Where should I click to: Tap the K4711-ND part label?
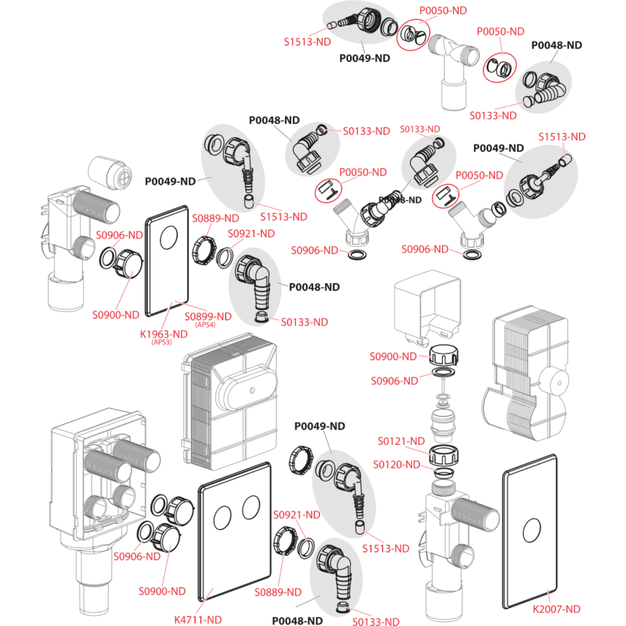pos(198,619)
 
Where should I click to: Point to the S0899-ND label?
pos(208,316)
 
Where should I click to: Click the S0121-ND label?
pos(401,441)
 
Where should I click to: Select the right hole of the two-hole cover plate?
pos(251,505)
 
